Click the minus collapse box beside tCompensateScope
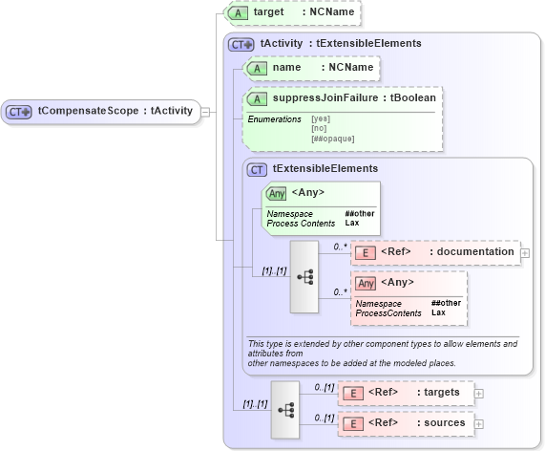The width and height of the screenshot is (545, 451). [206, 111]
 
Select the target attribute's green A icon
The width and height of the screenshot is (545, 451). [241, 14]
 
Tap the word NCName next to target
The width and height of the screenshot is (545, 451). [329, 13]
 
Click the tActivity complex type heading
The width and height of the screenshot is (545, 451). [341, 43]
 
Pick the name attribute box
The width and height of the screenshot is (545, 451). [311, 68]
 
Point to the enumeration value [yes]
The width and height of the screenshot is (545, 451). [322, 118]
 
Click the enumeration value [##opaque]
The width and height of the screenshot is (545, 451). [332, 138]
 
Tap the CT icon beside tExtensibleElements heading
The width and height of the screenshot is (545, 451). [257, 169]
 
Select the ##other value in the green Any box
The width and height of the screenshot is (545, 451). [360, 213]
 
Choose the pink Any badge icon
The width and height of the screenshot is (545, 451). [365, 283]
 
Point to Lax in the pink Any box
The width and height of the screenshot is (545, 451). [438, 312]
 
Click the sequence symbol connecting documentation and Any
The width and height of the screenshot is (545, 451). [305, 276]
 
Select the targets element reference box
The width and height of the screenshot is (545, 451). [405, 392]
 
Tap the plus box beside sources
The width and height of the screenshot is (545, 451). [479, 423]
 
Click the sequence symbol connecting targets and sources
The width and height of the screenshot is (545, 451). [285, 408]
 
